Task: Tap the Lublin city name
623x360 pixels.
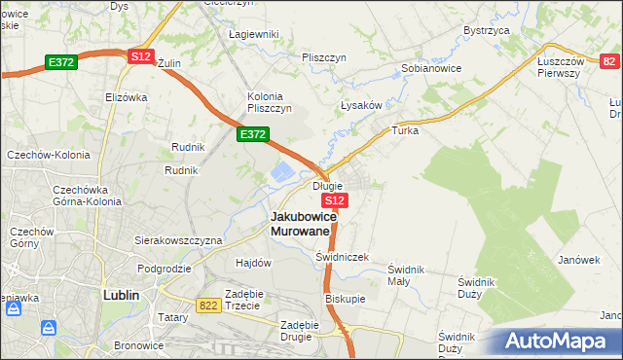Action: (x=122, y=294)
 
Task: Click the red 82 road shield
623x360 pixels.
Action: (x=608, y=61)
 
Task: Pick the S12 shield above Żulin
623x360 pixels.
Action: (x=140, y=56)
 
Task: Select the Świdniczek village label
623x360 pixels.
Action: (x=342, y=257)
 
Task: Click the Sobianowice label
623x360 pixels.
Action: (x=431, y=69)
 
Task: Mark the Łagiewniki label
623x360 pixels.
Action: (x=253, y=34)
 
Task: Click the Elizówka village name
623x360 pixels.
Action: (x=126, y=97)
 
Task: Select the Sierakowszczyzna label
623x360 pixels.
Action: (x=178, y=239)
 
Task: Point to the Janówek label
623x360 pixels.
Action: (x=577, y=260)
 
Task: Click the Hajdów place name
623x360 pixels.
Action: (x=253, y=263)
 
